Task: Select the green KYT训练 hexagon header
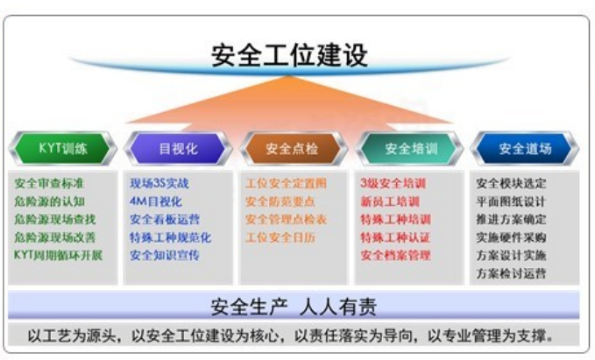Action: click(x=63, y=148)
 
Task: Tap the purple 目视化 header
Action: click(x=177, y=148)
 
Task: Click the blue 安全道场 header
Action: click(x=525, y=148)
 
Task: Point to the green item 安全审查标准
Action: click(x=49, y=184)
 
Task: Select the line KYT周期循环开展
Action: click(x=58, y=255)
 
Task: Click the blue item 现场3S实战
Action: click(x=159, y=184)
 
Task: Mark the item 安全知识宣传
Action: click(x=164, y=255)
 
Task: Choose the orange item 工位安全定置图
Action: click(x=286, y=184)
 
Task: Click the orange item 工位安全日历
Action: click(x=280, y=237)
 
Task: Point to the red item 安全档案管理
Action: click(x=395, y=255)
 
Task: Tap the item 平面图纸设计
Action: click(x=511, y=201)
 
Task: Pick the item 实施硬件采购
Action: click(x=511, y=237)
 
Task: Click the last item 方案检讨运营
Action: click(x=511, y=273)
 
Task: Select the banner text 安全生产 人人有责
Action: click(x=294, y=307)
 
